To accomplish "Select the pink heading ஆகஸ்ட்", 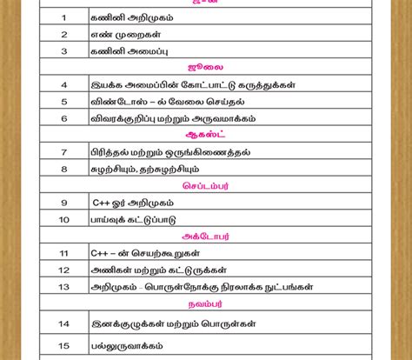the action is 205,136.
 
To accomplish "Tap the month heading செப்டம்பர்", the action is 205,186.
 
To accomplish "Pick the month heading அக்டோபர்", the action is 205,236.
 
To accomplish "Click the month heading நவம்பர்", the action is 205,304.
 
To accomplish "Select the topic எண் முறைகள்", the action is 122,34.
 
